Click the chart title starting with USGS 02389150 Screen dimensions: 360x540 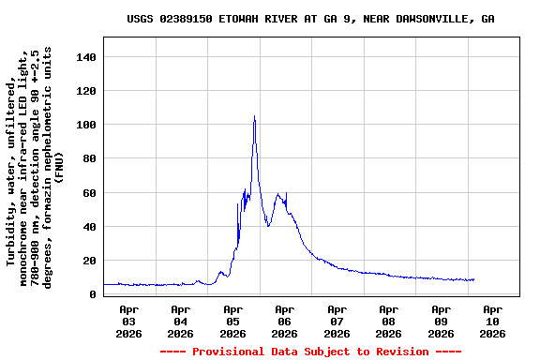point(310,19)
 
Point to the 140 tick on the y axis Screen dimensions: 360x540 point(86,57)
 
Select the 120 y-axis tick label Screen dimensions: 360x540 point(86,91)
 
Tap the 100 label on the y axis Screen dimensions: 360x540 point(86,125)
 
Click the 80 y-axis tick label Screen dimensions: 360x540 point(90,158)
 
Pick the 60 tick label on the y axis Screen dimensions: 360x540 point(90,193)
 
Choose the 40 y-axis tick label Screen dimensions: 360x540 point(90,227)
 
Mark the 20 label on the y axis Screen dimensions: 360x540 point(90,261)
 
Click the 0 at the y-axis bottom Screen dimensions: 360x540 point(93,294)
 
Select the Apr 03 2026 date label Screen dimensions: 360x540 point(128,321)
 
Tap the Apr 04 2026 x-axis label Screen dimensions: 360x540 point(181,321)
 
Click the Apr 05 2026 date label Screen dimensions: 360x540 point(232,321)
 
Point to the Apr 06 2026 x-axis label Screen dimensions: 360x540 point(284,321)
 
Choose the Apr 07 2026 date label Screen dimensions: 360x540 point(337,321)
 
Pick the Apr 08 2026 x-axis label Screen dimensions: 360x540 point(388,321)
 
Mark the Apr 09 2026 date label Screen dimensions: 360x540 point(441,321)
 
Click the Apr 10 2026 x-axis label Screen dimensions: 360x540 point(492,321)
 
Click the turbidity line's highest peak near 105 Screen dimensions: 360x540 point(254,116)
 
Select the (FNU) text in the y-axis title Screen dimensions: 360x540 point(58,167)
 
